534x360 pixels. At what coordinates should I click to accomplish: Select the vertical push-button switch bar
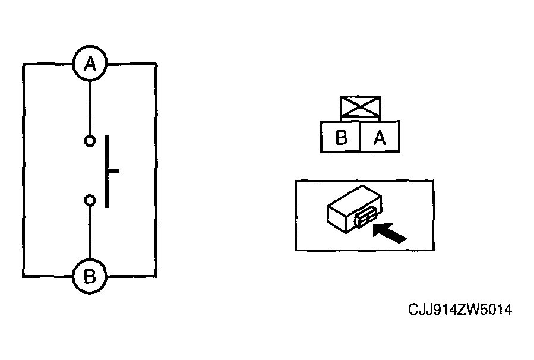point(106,171)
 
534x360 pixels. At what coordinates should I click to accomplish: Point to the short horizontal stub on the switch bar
point(113,170)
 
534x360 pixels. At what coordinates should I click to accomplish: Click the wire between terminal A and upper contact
point(90,108)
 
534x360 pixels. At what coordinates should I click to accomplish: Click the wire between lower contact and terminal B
point(90,232)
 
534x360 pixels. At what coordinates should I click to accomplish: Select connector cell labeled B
point(340,137)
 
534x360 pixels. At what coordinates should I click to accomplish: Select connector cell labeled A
point(380,137)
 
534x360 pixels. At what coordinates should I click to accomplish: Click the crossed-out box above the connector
point(361,108)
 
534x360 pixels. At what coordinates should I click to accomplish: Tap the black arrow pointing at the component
point(390,233)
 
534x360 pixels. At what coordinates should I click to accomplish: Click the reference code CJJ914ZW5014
point(460,310)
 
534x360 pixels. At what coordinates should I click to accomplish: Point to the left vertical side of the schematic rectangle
point(24,170)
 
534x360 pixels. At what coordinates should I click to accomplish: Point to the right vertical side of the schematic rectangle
point(156,170)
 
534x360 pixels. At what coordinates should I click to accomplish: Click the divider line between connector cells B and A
point(360,137)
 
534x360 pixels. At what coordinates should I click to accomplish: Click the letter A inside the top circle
point(90,64)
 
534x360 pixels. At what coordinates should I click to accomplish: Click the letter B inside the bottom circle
point(90,277)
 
